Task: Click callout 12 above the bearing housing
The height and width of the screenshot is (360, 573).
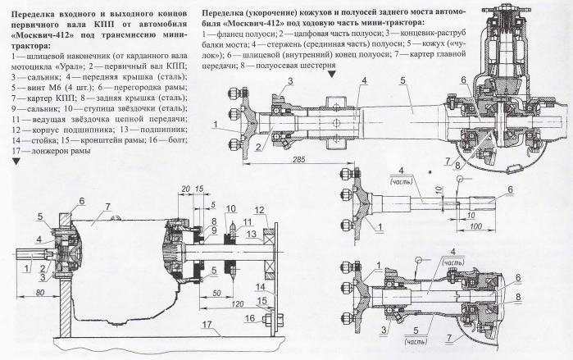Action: (257, 210)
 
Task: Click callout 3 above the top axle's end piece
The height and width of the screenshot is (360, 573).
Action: (289, 80)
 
